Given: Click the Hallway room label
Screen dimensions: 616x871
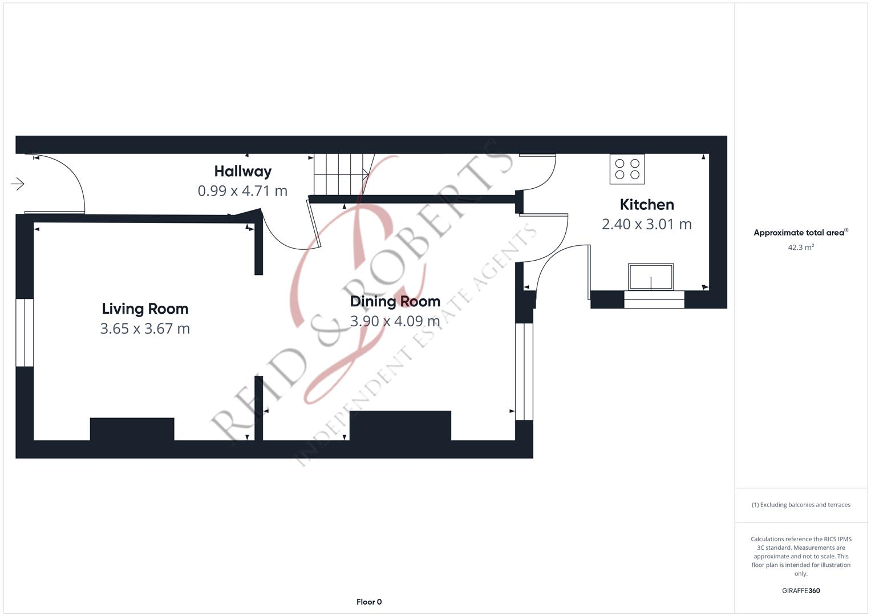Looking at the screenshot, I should (x=242, y=171).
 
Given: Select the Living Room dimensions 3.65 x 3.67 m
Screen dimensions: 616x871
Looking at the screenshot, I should (x=145, y=329).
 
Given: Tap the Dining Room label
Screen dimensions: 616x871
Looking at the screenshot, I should (x=395, y=301).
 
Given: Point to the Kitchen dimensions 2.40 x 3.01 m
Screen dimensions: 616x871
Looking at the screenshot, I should (x=646, y=224).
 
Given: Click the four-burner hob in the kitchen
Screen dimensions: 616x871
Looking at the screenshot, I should (x=627, y=169).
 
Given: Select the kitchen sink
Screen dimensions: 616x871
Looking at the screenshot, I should (x=651, y=277).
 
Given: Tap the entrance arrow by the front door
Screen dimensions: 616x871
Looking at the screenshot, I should (x=18, y=184).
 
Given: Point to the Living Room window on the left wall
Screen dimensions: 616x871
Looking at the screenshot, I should (x=25, y=332).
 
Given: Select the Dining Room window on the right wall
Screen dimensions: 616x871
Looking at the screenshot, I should (x=524, y=372).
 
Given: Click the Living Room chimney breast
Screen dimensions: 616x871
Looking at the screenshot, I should (x=132, y=429).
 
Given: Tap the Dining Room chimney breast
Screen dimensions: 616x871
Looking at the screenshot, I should (x=400, y=425).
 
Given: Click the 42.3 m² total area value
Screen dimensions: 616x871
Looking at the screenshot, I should (x=800, y=248).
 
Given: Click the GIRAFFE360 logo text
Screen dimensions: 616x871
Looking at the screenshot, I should (x=800, y=591).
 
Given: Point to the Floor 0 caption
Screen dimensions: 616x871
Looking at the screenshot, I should (x=369, y=602).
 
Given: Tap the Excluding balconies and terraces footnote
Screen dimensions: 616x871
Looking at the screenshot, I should (x=800, y=505).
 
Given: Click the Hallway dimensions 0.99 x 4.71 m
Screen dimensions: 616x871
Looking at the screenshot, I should (x=242, y=191).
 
